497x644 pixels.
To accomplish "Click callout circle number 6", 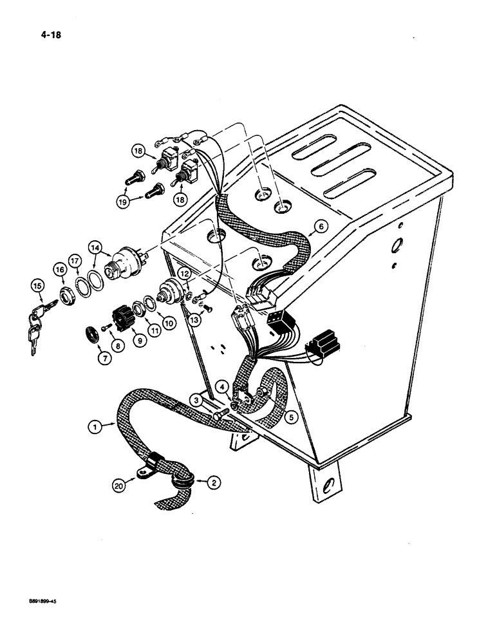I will (321, 225).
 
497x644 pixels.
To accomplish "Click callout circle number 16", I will (60, 270).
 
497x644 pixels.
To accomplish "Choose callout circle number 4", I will (221, 386).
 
